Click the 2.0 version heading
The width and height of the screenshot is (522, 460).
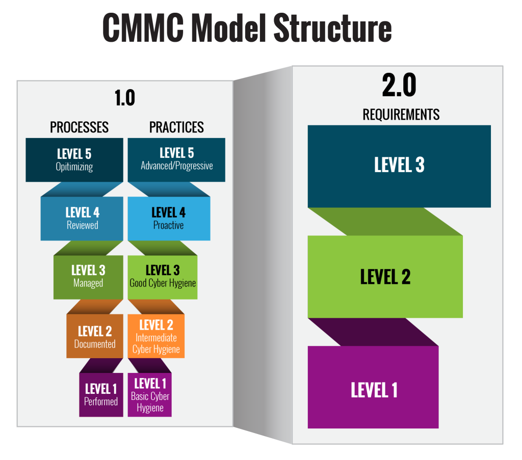click(399, 86)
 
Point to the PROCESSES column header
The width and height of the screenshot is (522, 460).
click(79, 127)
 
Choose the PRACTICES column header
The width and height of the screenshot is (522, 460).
click(176, 127)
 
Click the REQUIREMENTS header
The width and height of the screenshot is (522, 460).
click(401, 115)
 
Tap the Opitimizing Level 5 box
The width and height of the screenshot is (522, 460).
click(74, 159)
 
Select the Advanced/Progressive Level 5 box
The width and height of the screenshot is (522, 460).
click(176, 159)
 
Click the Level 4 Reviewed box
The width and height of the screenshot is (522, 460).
click(82, 218)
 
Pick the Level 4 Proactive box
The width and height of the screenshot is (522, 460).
click(168, 218)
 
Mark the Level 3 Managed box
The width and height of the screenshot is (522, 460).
click(88, 277)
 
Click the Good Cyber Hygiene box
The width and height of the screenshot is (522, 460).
click(162, 277)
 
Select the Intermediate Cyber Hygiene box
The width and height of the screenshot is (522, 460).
click(156, 337)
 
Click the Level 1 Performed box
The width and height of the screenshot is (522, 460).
click(101, 395)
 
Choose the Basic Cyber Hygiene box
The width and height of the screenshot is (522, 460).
click(150, 395)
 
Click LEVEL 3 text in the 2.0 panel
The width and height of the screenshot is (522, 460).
click(399, 166)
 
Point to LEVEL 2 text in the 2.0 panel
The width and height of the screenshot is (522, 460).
click(385, 277)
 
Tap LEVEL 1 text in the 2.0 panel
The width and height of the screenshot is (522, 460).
click(374, 390)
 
